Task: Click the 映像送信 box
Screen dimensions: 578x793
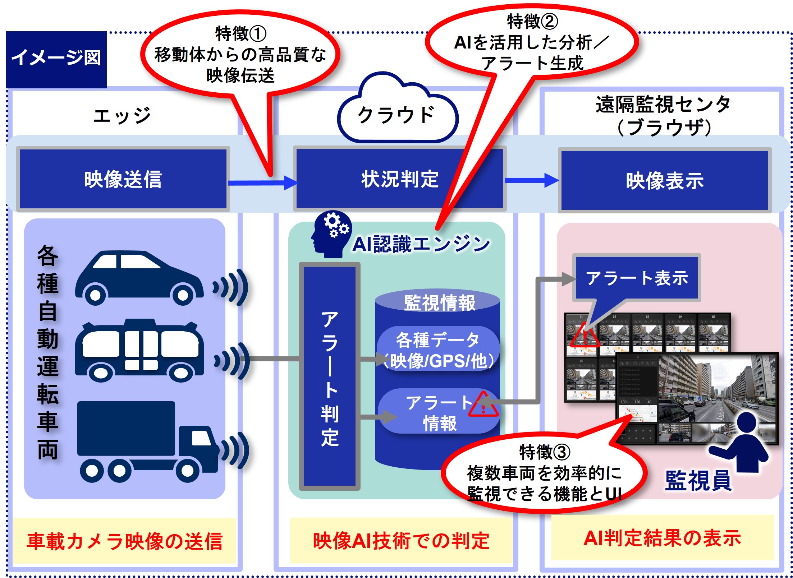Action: [x=123, y=179]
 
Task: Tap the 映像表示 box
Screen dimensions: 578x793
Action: [x=664, y=180]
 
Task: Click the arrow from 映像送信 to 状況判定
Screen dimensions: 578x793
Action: [x=262, y=183]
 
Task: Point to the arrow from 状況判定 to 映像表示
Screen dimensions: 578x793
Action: [x=531, y=180]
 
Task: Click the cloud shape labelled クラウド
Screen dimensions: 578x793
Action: [x=397, y=115]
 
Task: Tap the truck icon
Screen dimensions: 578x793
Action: [x=147, y=441]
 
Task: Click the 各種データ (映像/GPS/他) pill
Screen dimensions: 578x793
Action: [x=438, y=350]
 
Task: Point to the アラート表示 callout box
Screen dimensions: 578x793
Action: [x=636, y=278]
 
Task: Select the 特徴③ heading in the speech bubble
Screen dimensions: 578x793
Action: [x=544, y=452]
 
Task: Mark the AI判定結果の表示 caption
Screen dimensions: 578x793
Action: [x=662, y=538]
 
